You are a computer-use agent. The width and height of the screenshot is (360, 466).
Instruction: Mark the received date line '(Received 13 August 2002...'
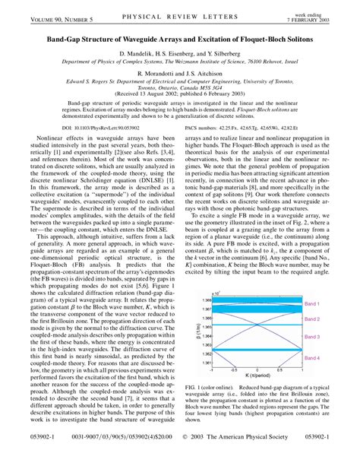click(x=179, y=104)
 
